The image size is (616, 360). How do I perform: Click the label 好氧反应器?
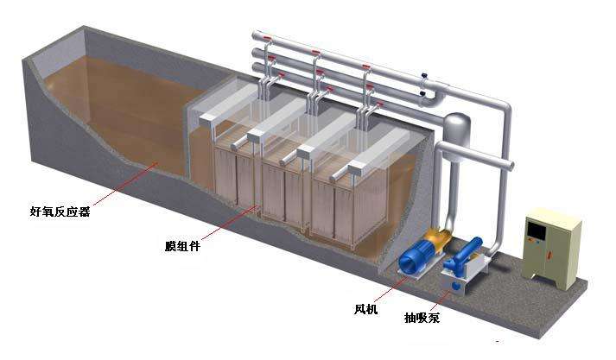(x=60, y=210)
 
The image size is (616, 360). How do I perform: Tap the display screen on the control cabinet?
(x=537, y=231)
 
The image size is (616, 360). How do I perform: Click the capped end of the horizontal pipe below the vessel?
(x=510, y=164)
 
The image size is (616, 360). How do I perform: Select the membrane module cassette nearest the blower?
(x=337, y=207)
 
